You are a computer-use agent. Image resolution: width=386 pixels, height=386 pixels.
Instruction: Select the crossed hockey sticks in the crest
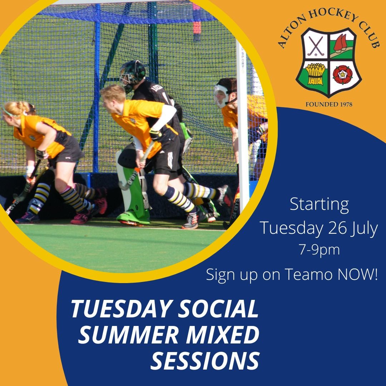(315, 46)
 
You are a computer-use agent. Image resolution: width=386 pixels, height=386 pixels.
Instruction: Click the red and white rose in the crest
(342, 74)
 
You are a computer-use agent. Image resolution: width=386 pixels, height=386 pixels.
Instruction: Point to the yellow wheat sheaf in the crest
(315, 74)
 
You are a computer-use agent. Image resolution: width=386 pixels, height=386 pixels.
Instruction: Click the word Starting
(319, 204)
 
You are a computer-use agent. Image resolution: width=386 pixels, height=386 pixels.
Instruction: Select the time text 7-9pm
(319, 249)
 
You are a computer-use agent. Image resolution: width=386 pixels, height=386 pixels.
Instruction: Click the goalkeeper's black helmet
(132, 73)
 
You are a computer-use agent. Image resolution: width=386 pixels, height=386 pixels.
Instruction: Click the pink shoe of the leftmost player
(80, 218)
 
